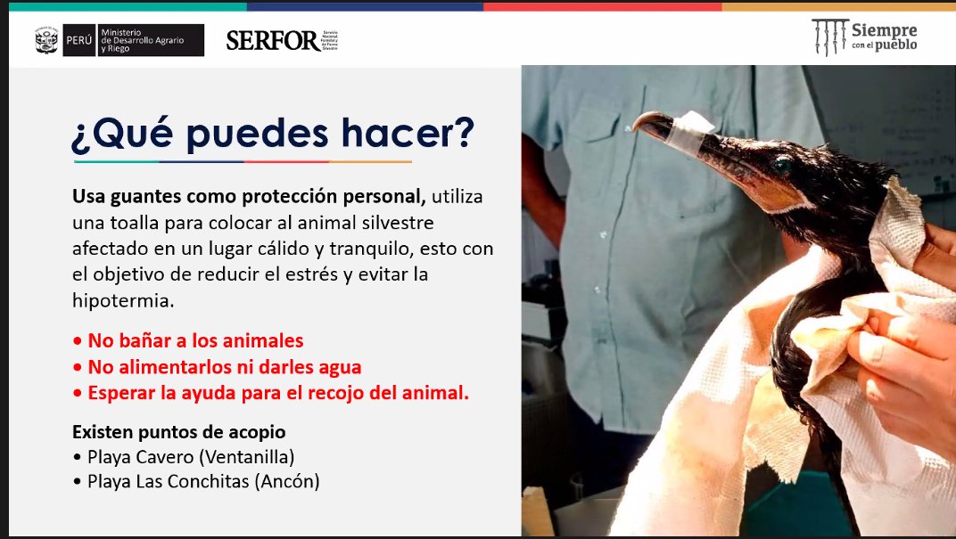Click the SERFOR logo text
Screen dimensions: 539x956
tap(272, 40)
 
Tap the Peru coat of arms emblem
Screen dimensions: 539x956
tap(46, 40)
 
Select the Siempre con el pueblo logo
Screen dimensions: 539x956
tap(864, 37)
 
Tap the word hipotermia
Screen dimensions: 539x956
tap(122, 300)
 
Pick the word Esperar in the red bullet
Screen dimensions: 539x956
tap(120, 393)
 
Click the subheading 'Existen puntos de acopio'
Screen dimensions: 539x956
tap(178, 432)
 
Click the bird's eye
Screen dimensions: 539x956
tap(782, 166)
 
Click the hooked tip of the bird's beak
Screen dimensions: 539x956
tap(640, 125)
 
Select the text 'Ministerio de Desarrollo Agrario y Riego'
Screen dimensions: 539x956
tap(146, 40)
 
